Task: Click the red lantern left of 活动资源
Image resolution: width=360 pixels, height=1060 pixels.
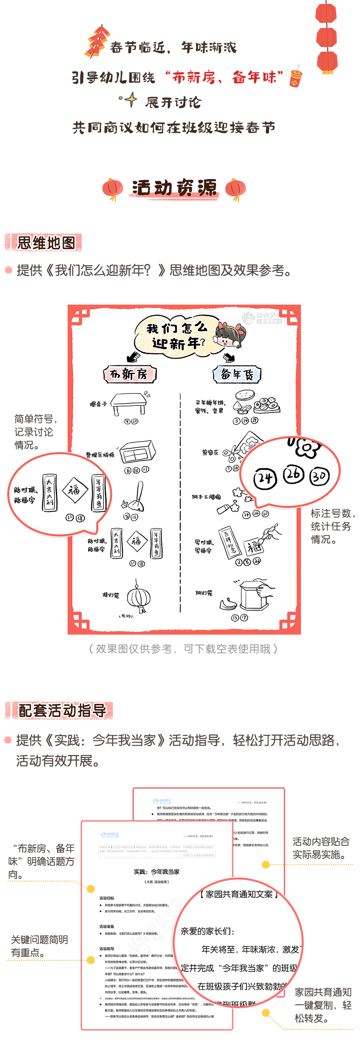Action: click(x=113, y=188)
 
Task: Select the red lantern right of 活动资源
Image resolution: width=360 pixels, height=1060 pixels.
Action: click(x=236, y=188)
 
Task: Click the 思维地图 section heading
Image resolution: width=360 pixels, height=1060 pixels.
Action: click(x=46, y=243)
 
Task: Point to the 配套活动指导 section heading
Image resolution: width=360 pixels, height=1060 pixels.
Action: click(x=62, y=710)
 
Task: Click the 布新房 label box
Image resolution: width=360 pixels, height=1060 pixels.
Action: click(x=130, y=374)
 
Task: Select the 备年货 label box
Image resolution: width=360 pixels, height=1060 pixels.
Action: click(x=237, y=374)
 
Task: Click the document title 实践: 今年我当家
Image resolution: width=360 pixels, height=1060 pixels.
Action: click(x=156, y=872)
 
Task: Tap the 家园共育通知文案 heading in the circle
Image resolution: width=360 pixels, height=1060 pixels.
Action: click(x=239, y=894)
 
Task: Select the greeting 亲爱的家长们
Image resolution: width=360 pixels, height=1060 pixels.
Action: click(x=207, y=931)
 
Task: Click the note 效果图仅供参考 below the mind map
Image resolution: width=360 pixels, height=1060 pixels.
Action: click(x=183, y=649)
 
